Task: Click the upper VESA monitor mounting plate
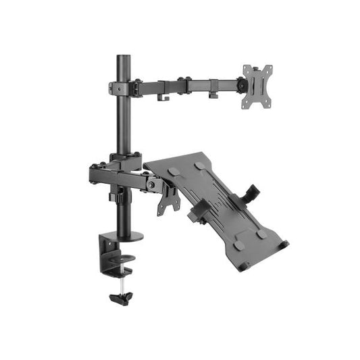tap(258, 86)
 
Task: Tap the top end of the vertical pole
tap(122, 57)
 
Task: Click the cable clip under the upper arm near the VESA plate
tap(213, 95)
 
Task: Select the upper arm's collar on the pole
tap(120, 87)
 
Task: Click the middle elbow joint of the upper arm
tap(182, 85)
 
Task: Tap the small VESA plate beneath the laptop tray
tap(168, 200)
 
